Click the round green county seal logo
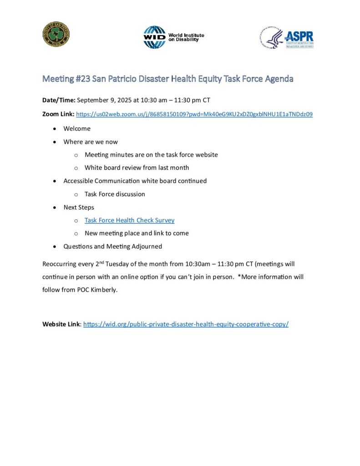click(56, 34)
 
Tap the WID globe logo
click(154, 37)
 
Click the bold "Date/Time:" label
click(59, 100)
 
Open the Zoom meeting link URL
click(194, 114)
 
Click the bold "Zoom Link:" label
click(58, 114)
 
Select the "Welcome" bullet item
click(77, 128)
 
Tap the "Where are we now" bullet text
click(91, 142)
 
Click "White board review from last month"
click(137, 167)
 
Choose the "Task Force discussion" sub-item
click(115, 194)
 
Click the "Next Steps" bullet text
click(79, 207)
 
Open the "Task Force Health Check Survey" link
click(129, 220)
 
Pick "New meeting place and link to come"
click(137, 233)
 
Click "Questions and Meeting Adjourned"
click(112, 246)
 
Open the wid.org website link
click(186, 324)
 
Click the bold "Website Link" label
click(61, 324)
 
